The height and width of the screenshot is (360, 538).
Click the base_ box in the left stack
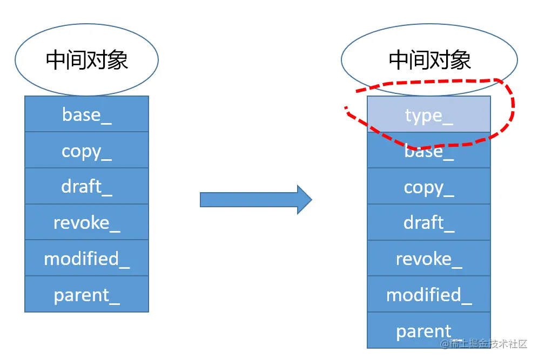coord(86,114)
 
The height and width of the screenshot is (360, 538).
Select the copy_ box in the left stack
coord(86,150)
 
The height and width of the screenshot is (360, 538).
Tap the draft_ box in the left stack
coord(86,186)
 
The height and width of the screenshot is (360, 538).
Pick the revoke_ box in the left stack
coord(86,222)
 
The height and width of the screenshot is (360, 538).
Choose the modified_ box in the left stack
coord(86,258)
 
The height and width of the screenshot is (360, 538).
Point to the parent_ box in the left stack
coord(86,294)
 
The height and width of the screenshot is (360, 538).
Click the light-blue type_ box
coord(429,114)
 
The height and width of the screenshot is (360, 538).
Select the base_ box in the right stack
coord(429,151)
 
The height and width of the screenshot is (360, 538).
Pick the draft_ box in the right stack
coord(429,222)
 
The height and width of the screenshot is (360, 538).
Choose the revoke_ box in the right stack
coord(429,259)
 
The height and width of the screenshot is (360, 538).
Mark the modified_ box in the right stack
coord(429,295)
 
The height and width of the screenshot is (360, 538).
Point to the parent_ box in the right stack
coord(429,330)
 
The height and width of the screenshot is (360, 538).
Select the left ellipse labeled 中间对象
coord(86,59)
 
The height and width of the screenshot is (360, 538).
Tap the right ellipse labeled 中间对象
coord(429,59)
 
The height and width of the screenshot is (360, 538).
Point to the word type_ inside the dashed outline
coord(429,116)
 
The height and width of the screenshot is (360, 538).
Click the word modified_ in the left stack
coord(86,259)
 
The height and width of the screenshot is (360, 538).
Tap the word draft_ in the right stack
coord(429,223)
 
